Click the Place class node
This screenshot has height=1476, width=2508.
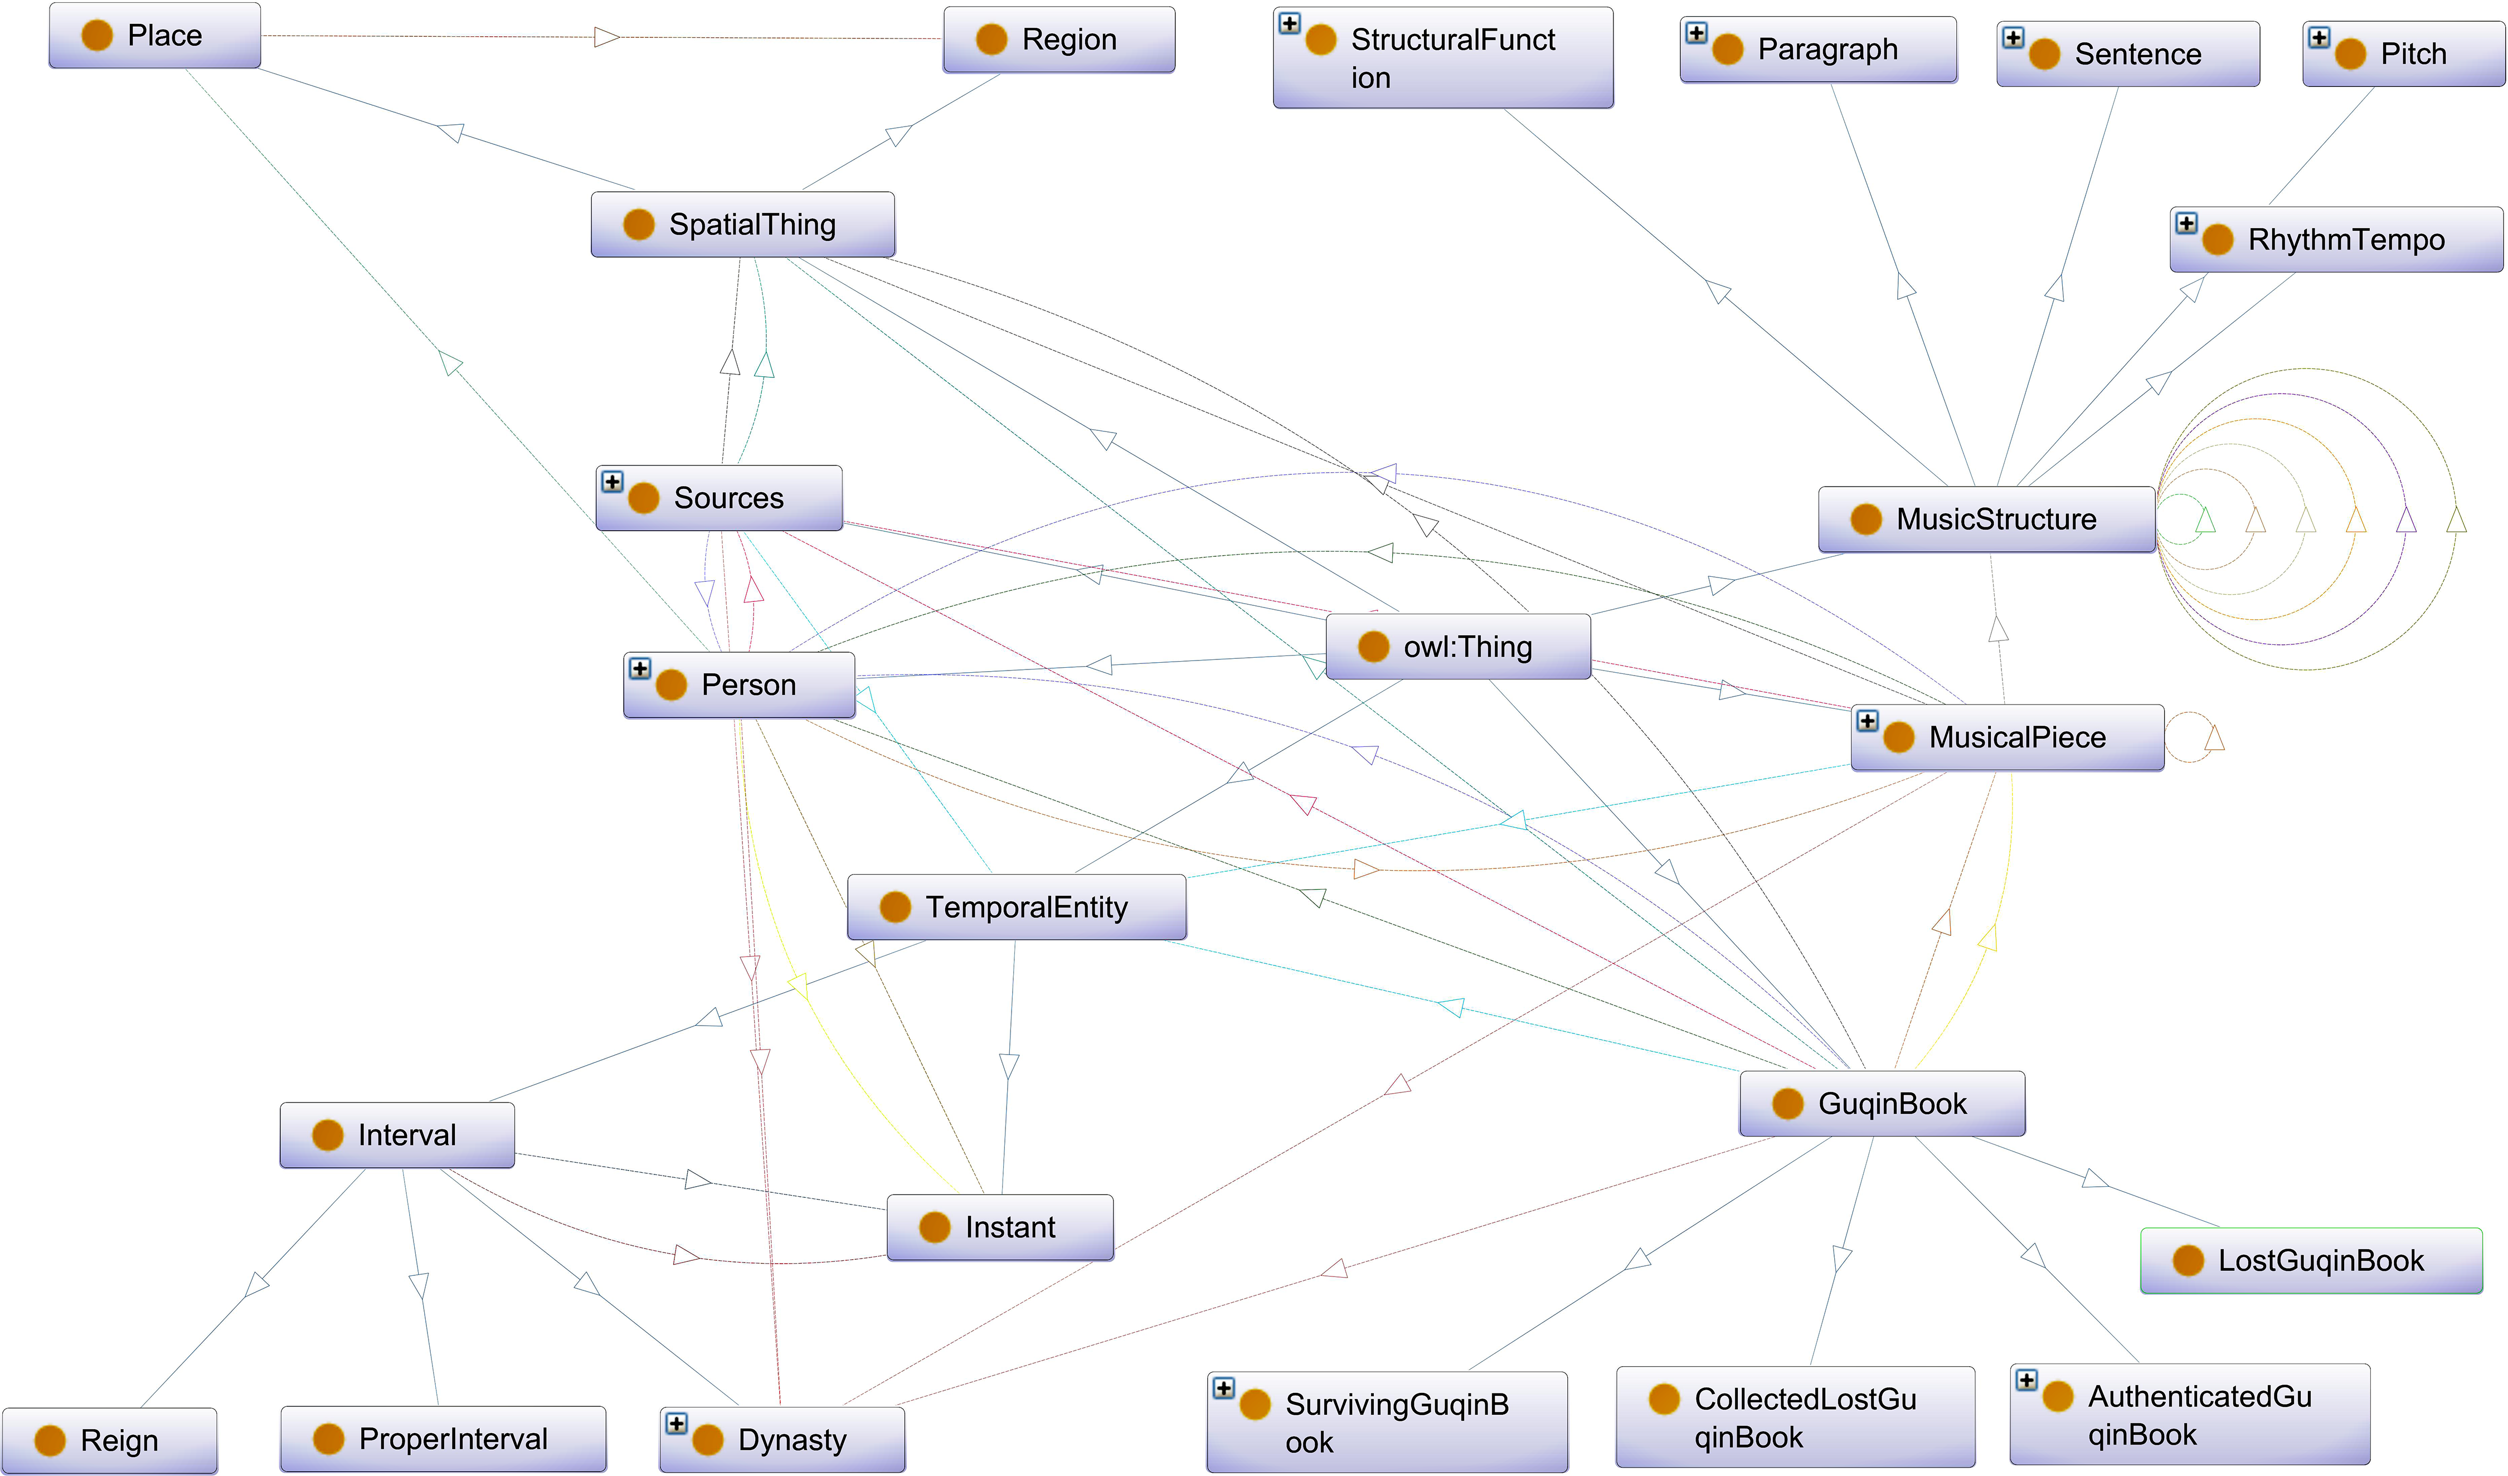click(x=154, y=36)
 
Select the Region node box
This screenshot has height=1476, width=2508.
click(x=1059, y=40)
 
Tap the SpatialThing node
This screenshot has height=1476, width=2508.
click(x=742, y=225)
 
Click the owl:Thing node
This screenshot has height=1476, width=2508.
click(x=1458, y=647)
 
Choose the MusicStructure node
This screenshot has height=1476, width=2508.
click(x=1986, y=519)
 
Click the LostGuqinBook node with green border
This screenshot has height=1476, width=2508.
click(x=2311, y=1261)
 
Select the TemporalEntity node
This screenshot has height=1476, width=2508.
click(x=1016, y=907)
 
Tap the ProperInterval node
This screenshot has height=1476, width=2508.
click(x=443, y=1439)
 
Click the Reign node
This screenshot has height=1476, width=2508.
click(x=109, y=1441)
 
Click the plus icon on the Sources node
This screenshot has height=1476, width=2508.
click(x=612, y=482)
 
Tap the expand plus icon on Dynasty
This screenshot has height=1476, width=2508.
click(x=677, y=1423)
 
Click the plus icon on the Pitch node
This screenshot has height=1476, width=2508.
click(x=2319, y=38)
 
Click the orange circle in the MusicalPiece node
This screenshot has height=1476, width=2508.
click(x=1899, y=737)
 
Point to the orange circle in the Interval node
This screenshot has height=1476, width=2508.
click(x=328, y=1135)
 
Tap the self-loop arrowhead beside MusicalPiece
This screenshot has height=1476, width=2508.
click(x=2214, y=737)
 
